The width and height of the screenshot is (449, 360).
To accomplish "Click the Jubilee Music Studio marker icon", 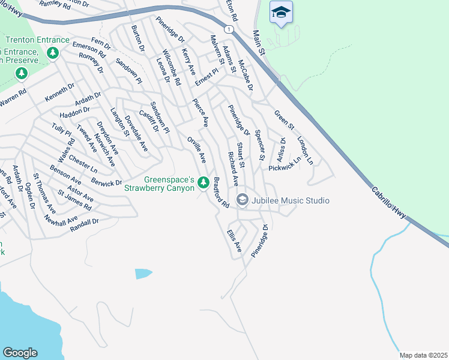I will click(243, 200).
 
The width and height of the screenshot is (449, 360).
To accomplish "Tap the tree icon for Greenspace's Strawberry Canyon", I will click(203, 181).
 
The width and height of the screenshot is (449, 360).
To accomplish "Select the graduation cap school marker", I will click(280, 13).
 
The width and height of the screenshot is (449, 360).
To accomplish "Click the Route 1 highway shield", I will click(229, 29).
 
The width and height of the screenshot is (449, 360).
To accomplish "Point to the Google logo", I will click(20, 352).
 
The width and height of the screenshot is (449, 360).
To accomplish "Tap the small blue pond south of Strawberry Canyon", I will click(143, 274).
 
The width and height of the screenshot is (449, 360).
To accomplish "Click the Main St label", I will click(259, 43).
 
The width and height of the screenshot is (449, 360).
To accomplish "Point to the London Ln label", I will click(305, 150).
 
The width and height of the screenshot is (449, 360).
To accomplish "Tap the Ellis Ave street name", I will click(234, 240).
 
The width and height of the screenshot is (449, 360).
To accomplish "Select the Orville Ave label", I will click(196, 150).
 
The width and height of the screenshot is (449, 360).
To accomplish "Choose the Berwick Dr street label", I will click(107, 183).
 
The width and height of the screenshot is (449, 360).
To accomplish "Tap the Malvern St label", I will click(217, 50).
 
